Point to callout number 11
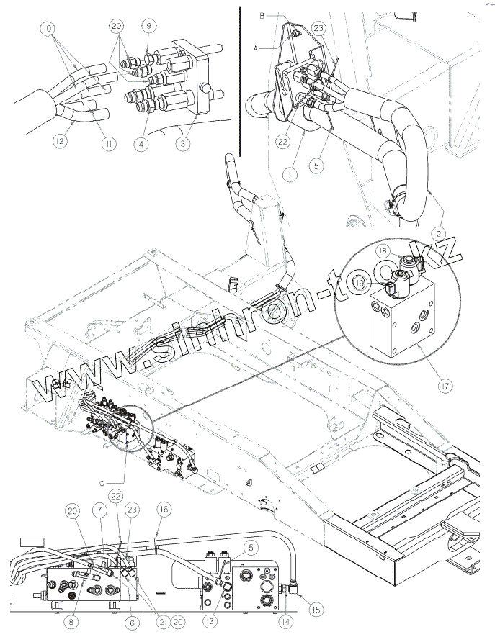[109, 145]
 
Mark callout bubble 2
[438, 232]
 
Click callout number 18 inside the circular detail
[383, 250]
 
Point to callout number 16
[164, 510]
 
